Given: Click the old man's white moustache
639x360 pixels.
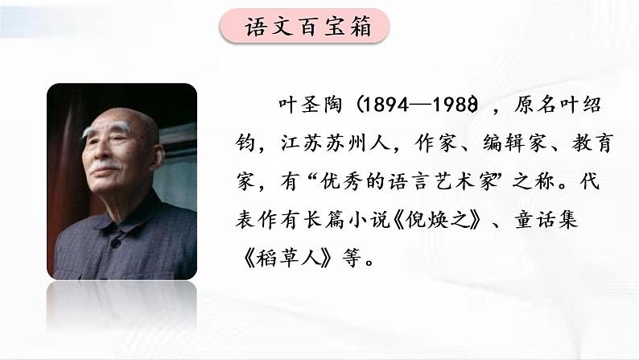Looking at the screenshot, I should pos(105,167).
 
